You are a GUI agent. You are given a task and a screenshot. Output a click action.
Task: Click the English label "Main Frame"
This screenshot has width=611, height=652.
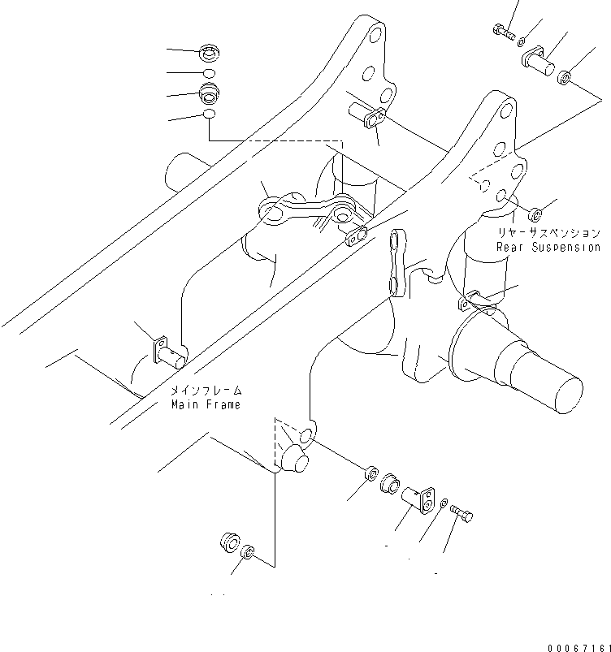[206, 404]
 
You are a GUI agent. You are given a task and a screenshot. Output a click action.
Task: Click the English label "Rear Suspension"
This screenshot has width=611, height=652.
[549, 247]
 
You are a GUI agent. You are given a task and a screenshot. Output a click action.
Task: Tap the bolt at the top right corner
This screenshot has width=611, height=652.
[503, 32]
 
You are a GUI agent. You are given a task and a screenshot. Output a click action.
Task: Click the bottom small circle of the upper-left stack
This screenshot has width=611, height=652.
[209, 116]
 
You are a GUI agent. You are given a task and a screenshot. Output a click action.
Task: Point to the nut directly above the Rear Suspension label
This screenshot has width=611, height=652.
[535, 214]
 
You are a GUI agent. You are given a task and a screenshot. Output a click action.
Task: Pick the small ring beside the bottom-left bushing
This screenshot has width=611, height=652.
[249, 554]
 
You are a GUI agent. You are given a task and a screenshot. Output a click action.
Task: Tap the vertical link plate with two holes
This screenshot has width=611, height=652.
[395, 261]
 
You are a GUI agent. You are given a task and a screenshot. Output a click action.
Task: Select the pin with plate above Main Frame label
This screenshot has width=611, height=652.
[167, 349]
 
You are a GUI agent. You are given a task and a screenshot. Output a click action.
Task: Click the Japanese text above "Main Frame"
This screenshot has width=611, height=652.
[206, 391]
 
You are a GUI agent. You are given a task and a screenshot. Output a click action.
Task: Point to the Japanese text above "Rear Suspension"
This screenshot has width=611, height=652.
[549, 233]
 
